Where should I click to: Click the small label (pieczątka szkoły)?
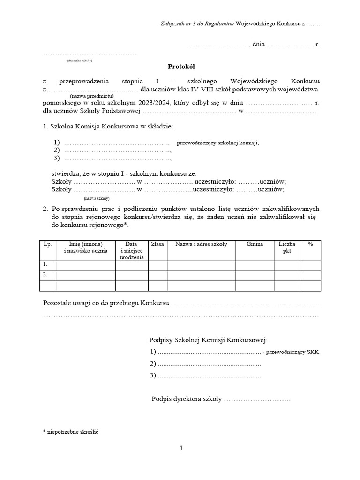coord(79,60)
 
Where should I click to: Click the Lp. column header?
coord(47,244)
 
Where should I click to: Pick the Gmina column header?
coord(255,244)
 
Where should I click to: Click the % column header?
coord(310,244)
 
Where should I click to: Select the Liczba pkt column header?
coord(287,247)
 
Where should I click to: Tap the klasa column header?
coord(157,244)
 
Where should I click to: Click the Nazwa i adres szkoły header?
coord(201,244)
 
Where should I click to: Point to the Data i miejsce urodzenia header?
coord(132,251)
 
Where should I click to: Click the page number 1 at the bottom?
coord(181,448)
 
